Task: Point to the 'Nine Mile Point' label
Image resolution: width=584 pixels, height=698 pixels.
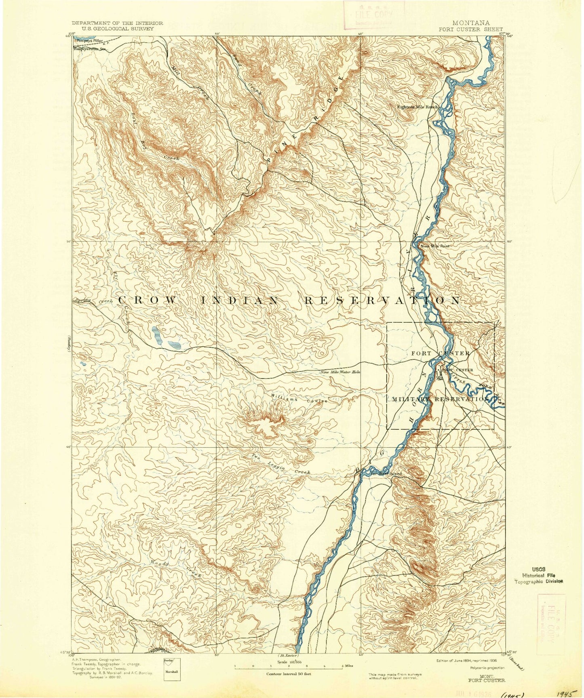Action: coord(434,246)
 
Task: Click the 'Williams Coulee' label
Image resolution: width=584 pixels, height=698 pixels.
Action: coord(299,399)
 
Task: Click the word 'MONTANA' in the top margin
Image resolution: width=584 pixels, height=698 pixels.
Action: coord(473,23)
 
